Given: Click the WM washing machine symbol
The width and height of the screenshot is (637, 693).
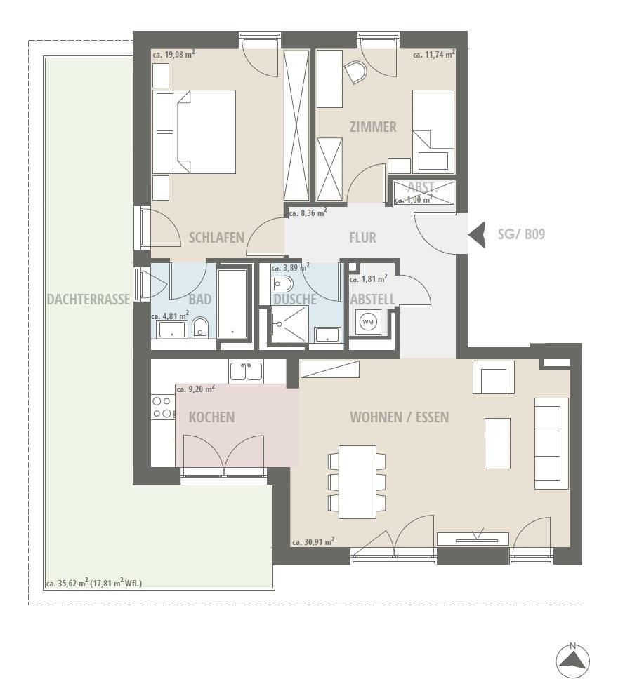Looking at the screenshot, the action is (368, 321).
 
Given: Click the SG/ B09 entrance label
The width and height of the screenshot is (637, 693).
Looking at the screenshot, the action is (521, 234).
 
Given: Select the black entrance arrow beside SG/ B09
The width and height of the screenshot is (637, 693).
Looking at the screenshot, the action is (476, 234).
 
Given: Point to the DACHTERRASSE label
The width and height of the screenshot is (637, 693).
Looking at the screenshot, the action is (88, 300).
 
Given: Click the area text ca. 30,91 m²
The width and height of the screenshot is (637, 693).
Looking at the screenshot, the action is (313, 541).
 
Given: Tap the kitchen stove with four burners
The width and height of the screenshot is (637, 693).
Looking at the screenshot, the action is (162, 408).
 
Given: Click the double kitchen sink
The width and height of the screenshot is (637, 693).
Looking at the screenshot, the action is (245, 371).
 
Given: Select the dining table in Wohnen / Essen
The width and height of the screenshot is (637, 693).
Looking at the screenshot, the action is (357, 482).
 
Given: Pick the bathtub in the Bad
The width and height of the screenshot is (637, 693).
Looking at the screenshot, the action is (233, 304).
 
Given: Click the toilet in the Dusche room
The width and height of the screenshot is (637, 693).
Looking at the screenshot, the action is (282, 284).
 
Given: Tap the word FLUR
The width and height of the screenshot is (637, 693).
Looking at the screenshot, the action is (362, 238).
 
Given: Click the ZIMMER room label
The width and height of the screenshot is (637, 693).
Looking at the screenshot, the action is (373, 127).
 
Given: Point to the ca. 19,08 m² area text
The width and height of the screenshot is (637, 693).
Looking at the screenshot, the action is (174, 55).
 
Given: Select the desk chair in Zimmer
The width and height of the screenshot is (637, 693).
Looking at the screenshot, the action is (355, 72).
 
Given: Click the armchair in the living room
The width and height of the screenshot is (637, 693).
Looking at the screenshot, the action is (494, 377).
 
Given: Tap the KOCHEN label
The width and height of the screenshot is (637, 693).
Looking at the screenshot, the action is (211, 417).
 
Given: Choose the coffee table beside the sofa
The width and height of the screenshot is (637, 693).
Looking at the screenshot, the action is (497, 443).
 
